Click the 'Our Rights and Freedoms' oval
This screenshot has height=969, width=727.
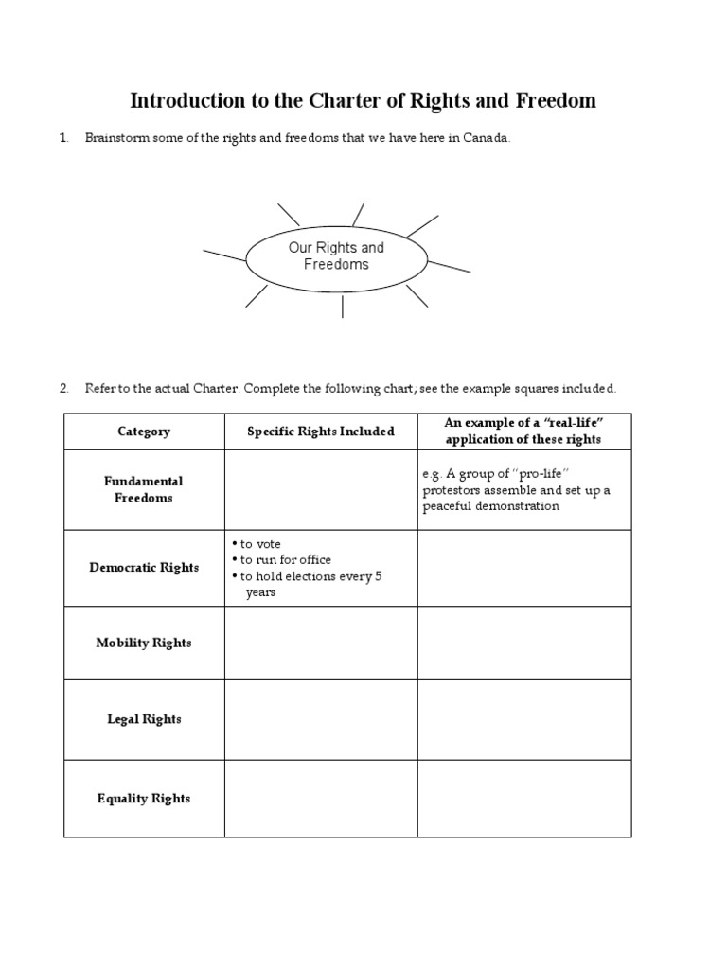tap(336, 256)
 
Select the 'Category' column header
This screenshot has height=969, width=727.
tap(144, 432)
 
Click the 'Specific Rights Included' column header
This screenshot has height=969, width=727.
tap(320, 432)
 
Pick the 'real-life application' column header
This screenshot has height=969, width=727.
tap(523, 432)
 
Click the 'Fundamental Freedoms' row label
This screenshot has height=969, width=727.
tap(144, 490)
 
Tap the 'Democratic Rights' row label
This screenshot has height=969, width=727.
tap(144, 568)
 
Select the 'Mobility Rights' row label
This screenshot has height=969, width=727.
tap(144, 643)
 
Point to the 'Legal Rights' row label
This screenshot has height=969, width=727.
tap(144, 719)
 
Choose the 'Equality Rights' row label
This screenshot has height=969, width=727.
tap(144, 799)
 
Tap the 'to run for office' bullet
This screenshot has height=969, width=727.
tap(284, 560)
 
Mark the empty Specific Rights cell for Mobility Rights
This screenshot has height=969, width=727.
tap(320, 643)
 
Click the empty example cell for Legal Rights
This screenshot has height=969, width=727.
tap(523, 719)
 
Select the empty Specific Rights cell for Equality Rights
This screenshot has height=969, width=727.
tap(320, 799)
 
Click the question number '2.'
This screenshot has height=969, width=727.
tap(64, 388)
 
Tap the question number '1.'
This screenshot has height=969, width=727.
tap(64, 138)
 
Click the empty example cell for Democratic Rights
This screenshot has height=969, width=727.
tap(523, 568)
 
